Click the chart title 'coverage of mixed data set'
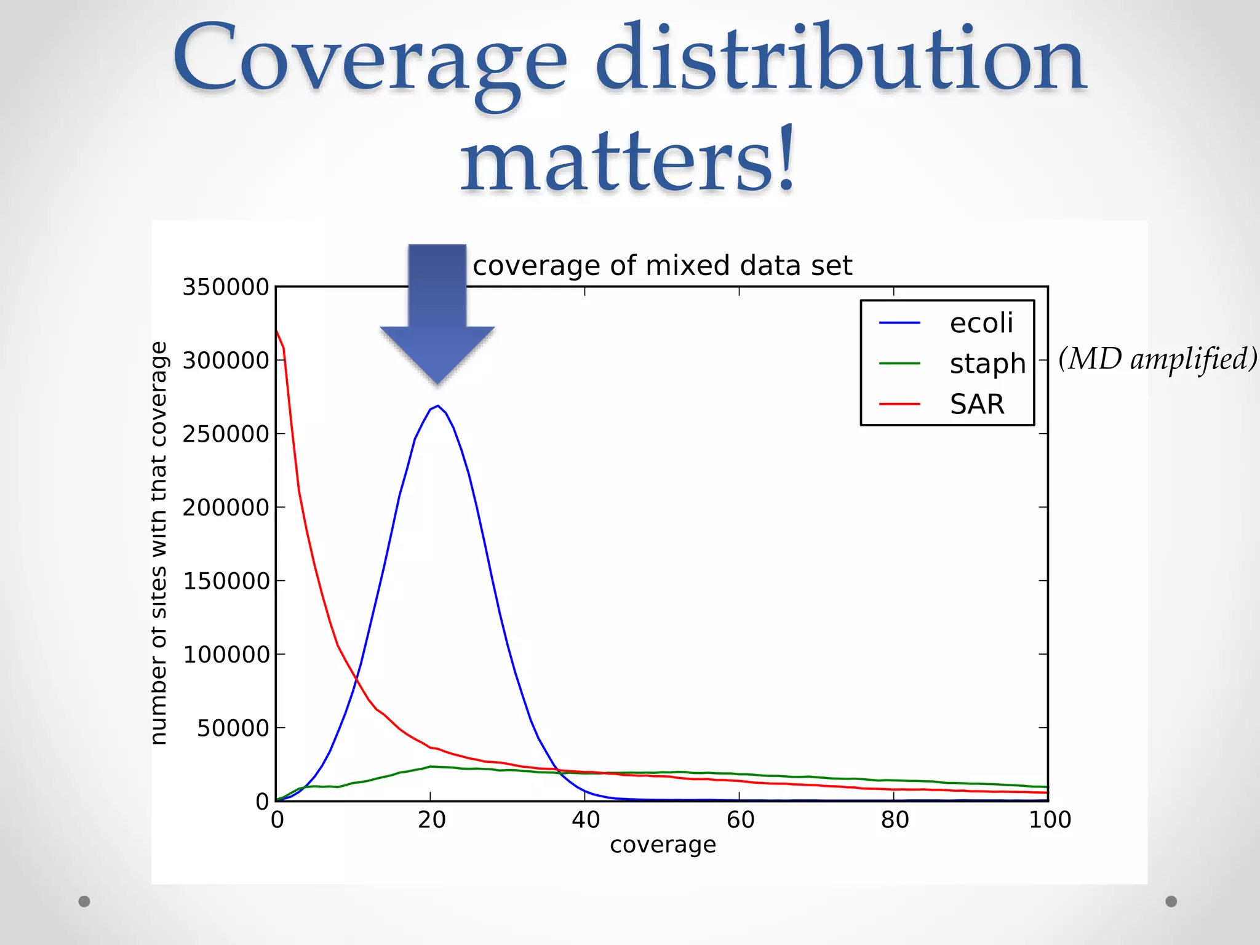point(662,266)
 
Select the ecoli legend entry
point(980,323)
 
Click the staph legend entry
point(987,364)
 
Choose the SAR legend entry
point(976,404)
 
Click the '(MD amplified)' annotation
point(1157,359)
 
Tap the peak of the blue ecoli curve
point(437,406)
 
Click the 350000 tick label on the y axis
point(226,287)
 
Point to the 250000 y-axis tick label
point(226,434)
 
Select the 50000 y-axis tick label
point(233,728)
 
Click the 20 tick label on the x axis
point(431,820)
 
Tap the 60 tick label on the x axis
point(740,820)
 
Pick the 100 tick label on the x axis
point(1050,820)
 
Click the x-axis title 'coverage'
point(663,845)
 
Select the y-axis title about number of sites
point(159,543)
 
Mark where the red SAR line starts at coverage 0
point(277,331)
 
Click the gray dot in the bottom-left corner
point(84,901)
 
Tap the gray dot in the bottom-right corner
point(1171,901)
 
